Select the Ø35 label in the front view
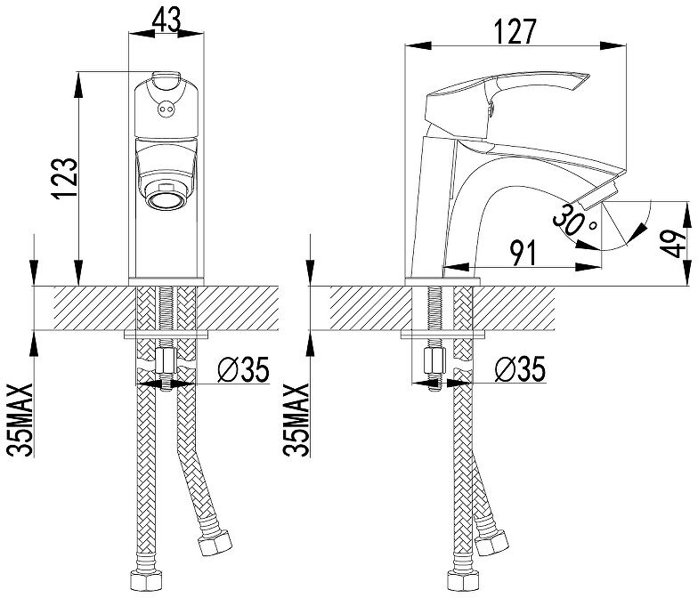pos(241,368)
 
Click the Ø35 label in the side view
pos(517,368)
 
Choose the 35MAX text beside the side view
pos(296,418)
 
